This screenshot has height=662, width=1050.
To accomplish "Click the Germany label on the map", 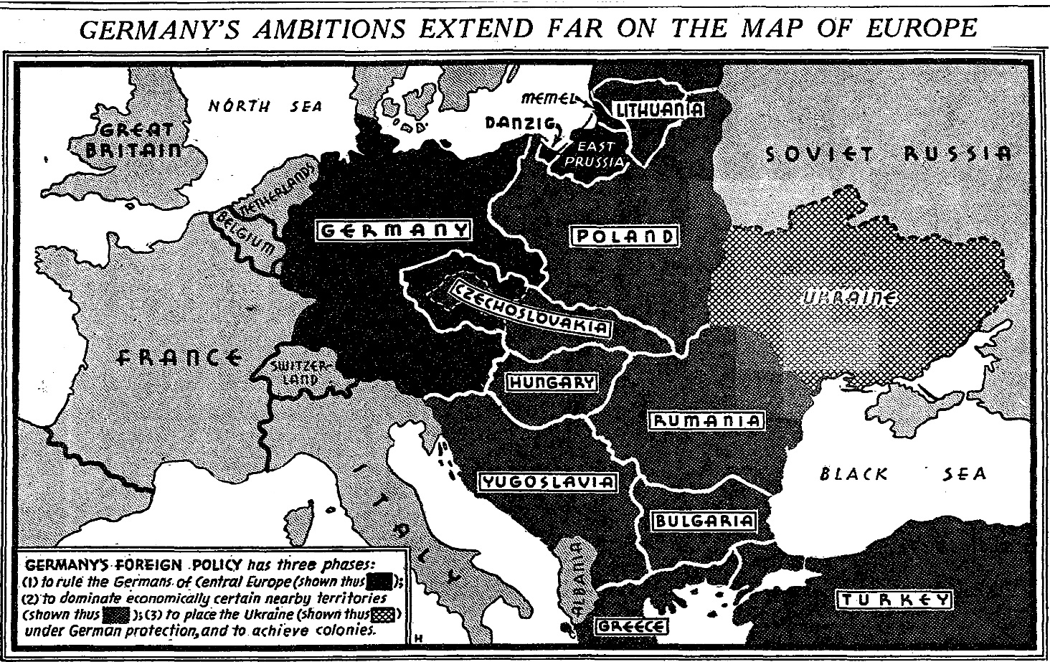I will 393,231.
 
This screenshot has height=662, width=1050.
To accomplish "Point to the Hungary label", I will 552,383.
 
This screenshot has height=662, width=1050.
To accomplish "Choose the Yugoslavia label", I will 548,482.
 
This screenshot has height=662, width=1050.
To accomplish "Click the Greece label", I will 632,626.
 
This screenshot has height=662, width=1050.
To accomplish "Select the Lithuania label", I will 657,110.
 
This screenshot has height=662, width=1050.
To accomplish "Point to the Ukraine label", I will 849,298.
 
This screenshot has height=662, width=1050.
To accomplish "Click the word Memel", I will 549,97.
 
